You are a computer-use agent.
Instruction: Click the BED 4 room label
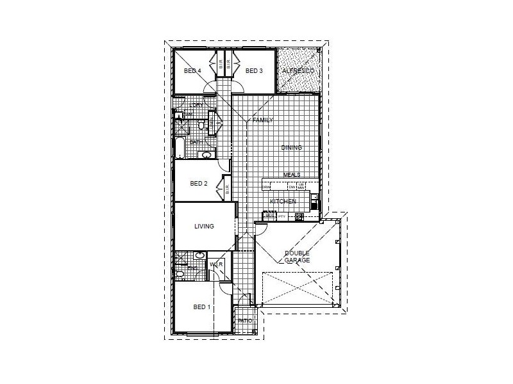pos(192,71)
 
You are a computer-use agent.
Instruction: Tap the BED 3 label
pos(254,71)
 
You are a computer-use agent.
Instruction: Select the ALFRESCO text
pos(298,70)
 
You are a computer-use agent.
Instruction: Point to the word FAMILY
pos(263,120)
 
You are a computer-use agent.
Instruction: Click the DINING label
pos(291,148)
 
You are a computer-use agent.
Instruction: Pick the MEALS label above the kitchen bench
pos(292,175)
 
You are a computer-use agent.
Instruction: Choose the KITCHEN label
pos(283,202)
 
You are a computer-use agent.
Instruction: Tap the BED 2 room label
pos(199,184)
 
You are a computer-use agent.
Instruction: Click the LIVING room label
pos(205,227)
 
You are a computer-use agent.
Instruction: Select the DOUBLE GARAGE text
pos(298,257)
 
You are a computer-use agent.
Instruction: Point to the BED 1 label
pos(202,307)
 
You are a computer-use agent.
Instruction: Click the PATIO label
pos(244,320)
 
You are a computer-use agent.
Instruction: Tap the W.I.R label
pos(216,264)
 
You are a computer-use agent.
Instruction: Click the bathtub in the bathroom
pos(180,148)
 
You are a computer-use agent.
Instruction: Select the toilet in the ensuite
pos(180,274)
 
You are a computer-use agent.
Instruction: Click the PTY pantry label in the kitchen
pos(281,216)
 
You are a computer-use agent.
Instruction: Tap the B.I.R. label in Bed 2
pos(227,189)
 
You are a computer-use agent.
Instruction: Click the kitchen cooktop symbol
pos(299,217)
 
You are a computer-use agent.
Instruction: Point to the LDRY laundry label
pos(197,105)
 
